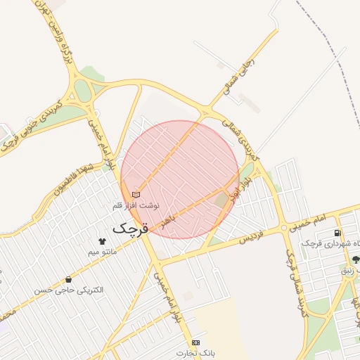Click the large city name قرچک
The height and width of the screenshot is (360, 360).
click(130, 229)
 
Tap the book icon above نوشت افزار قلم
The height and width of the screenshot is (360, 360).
click(136, 194)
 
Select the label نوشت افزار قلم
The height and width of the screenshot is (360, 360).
click(136, 205)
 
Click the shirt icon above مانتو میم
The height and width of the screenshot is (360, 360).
click(102, 240)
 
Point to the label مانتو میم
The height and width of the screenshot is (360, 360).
click(102, 251)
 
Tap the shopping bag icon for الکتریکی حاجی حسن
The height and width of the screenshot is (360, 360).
click(68, 279)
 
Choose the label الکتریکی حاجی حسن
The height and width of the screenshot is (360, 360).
click(69, 290)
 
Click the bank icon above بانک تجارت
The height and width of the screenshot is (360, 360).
click(195, 342)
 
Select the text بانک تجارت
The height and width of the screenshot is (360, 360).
click(195, 352)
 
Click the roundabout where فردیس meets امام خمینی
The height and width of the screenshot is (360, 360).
click(284, 227)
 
